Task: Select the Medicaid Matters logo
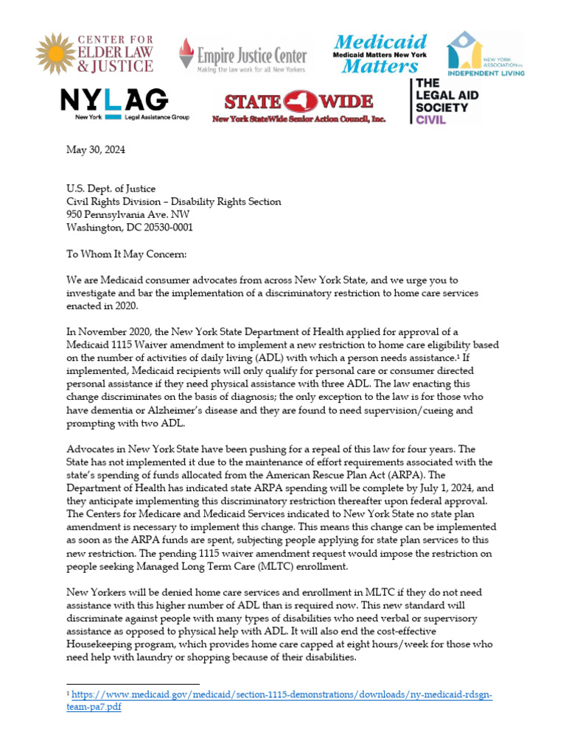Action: [380, 53]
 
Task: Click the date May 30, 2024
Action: [95, 150]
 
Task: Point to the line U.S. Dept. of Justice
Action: [108, 188]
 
